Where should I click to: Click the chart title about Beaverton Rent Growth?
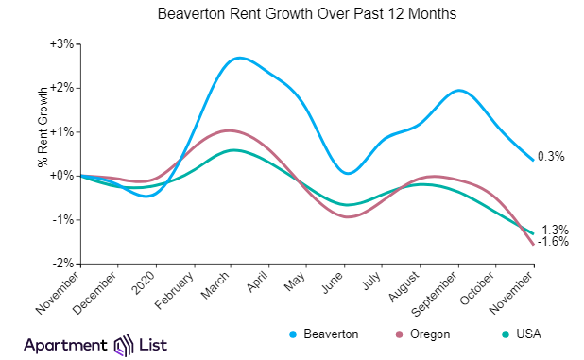[291, 16]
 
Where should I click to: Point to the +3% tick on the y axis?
[62, 44]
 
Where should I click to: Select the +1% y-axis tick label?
[62, 131]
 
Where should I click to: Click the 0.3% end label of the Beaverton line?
[551, 157]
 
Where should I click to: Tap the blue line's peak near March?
[238, 58]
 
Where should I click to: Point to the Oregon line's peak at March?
[232, 130]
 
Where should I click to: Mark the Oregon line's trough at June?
[350, 216]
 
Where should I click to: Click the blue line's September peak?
[459, 91]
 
